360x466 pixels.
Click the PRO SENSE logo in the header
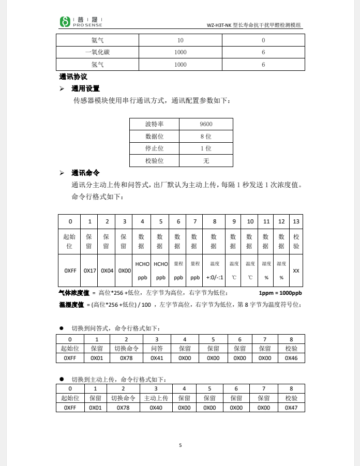coord(81,21)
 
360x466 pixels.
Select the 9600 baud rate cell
coord(206,124)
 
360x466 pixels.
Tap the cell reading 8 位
coord(206,137)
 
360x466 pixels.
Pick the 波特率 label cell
coord(154,124)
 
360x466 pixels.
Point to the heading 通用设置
coord(85,88)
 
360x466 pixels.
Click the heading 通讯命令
coord(85,173)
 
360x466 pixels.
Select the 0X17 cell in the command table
coord(90,270)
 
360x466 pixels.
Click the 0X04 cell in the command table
coord(107,270)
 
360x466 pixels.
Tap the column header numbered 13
coord(296,221)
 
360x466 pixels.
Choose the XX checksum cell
coord(296,270)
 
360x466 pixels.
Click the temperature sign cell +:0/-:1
coord(215,277)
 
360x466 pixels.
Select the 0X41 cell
coord(157,357)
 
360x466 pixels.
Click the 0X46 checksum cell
coord(291,357)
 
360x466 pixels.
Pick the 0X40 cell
coord(156,408)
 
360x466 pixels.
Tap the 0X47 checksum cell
coord(291,408)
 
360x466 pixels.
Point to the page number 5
coord(181,445)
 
